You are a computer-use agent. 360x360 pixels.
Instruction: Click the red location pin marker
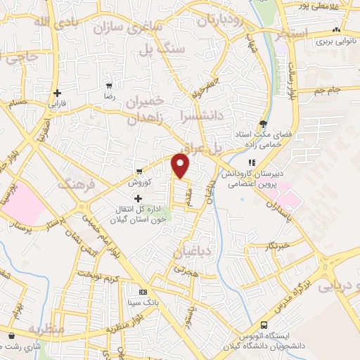[181, 166]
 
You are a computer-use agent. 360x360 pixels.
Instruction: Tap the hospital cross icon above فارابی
[56, 93]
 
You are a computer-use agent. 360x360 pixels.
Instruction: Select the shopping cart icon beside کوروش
[139, 170]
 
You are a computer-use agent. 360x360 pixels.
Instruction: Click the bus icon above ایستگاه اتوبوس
[264, 325]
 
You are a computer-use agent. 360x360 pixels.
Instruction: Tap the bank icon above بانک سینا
[143, 292]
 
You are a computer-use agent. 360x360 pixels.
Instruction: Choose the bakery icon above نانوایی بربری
[337, 30]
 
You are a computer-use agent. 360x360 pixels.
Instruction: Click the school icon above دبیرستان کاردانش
[252, 163]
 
